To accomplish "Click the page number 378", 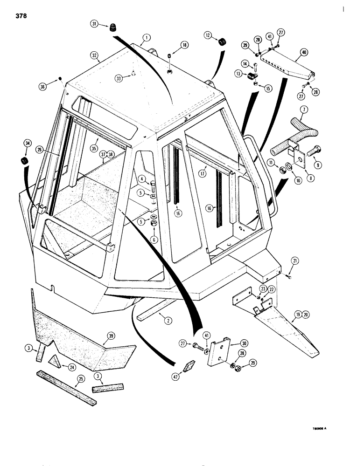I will tap(20, 16).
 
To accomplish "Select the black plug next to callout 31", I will tap(112, 28).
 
